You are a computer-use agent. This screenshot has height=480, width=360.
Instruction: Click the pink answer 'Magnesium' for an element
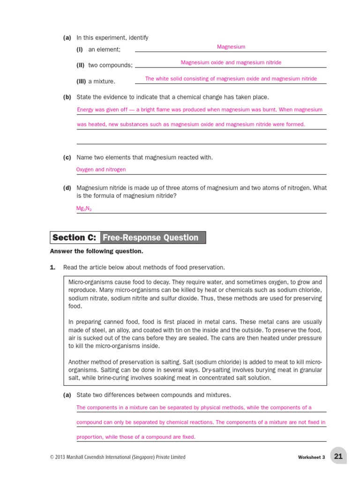click(x=231, y=47)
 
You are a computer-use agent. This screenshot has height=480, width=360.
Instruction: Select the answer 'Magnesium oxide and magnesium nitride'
click(x=231, y=62)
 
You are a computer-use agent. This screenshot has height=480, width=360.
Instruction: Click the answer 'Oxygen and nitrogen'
click(x=101, y=170)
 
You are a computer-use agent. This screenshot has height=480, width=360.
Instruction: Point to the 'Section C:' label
click(x=75, y=238)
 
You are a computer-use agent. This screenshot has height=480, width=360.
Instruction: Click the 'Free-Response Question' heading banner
click(x=150, y=238)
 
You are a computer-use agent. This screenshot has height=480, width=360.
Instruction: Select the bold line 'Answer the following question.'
click(x=96, y=251)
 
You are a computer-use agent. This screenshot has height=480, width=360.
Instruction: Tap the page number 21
click(x=338, y=456)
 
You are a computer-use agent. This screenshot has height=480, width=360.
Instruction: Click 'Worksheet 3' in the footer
click(x=311, y=457)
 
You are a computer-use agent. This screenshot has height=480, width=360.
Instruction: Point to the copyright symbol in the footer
click(x=52, y=457)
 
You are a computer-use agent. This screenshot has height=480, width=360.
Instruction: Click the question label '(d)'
click(x=67, y=188)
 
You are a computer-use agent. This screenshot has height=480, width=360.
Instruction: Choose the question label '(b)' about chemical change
click(x=67, y=97)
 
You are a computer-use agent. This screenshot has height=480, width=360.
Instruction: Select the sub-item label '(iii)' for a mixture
click(x=81, y=82)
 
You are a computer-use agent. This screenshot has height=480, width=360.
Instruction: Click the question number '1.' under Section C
click(x=52, y=267)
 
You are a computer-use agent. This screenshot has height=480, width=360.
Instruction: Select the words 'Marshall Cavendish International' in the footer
click(x=108, y=457)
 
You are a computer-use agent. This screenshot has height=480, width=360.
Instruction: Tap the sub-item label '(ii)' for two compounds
click(x=81, y=65)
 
